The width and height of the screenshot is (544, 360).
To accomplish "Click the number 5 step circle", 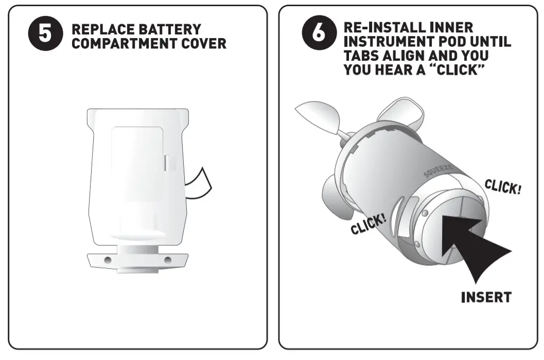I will (45, 35).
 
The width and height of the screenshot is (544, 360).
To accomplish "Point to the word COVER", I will (205, 43).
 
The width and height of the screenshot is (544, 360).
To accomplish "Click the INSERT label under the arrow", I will (486, 297).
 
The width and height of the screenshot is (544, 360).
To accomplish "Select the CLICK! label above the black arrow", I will (503, 187).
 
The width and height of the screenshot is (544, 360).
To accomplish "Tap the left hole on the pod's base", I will (107, 260).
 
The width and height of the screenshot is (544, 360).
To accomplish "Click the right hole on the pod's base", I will (167, 260).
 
